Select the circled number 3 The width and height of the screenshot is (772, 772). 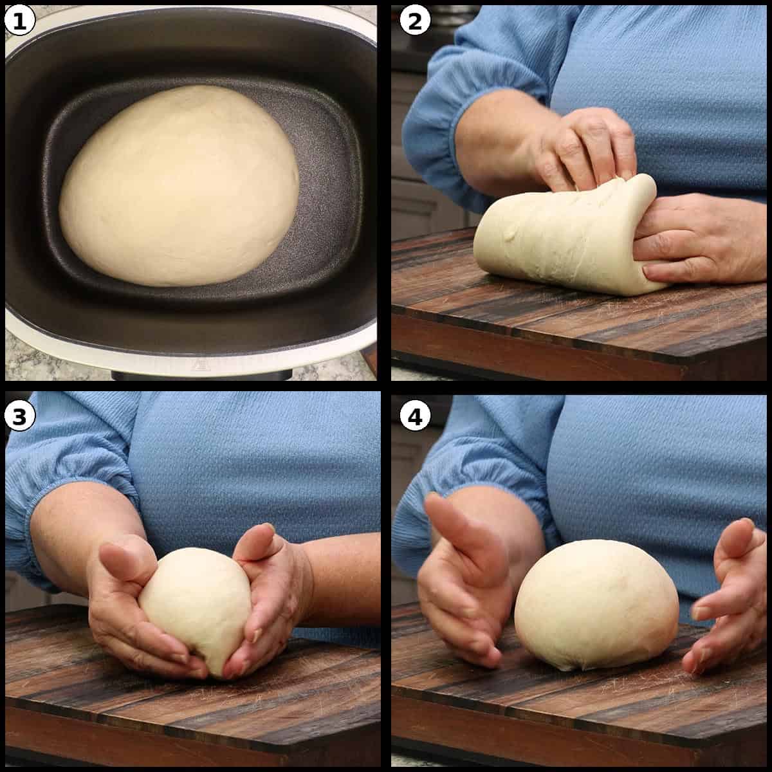click(19, 416)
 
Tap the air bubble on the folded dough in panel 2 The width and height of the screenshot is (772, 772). click(510, 233)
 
